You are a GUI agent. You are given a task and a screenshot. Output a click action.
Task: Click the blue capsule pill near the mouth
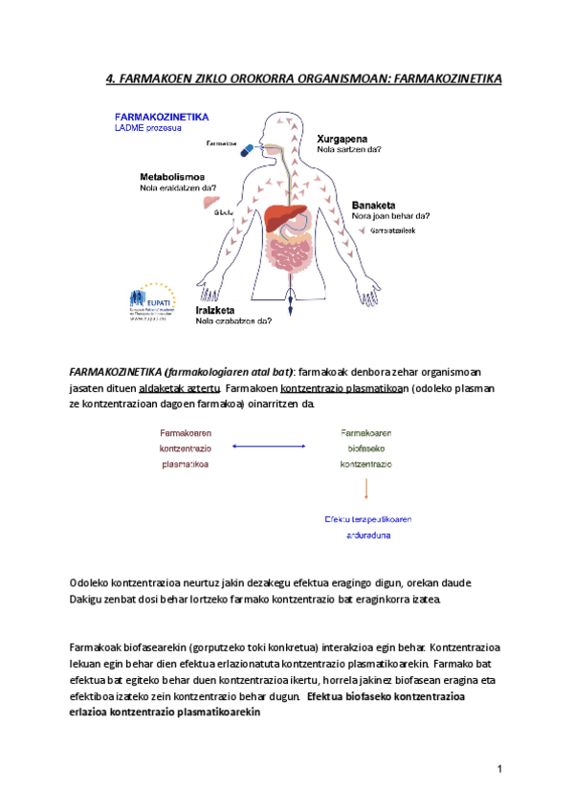[x=247, y=149]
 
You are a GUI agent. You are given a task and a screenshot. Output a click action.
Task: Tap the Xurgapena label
[x=344, y=138]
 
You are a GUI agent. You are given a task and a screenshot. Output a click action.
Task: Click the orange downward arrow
[x=366, y=489]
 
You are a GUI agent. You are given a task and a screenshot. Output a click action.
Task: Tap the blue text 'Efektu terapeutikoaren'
[x=368, y=519]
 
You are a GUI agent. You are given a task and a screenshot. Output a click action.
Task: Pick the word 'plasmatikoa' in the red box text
[x=186, y=464]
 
